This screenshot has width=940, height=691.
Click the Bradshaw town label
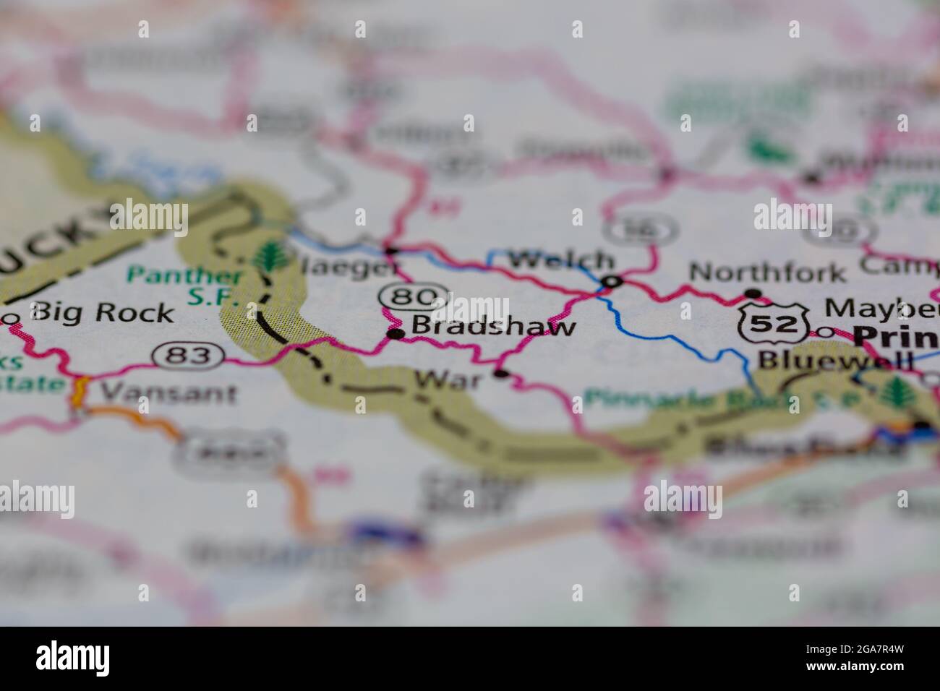pyautogui.click(x=493, y=326)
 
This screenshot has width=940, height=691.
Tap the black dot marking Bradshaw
pyautogui.click(x=396, y=334)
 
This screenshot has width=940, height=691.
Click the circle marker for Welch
pyautogui.click(x=613, y=280)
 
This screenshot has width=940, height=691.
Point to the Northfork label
pyautogui.click(x=767, y=272)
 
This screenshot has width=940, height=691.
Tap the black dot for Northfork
pyautogui.click(x=753, y=293)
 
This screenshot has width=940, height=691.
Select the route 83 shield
pyautogui.click(x=186, y=355)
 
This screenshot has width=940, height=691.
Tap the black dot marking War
pyautogui.click(x=500, y=374)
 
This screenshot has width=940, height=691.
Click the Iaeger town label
pyautogui.click(x=349, y=267)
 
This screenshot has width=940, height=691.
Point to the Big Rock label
pyautogui.click(x=103, y=312)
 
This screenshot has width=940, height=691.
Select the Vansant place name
pyautogui.click(x=168, y=392)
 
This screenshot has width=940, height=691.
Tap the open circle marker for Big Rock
pyautogui.click(x=12, y=318)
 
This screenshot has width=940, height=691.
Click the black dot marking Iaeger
pyautogui.click(x=391, y=251)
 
